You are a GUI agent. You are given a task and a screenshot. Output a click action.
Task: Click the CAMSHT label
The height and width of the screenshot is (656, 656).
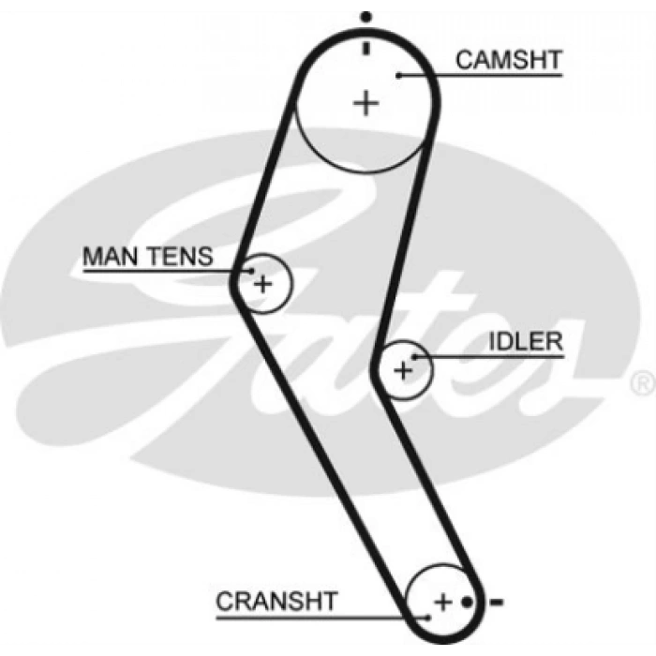508,60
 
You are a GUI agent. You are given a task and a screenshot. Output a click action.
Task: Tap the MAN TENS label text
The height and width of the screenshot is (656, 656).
148,256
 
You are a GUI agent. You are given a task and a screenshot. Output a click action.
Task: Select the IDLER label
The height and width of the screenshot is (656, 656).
526,340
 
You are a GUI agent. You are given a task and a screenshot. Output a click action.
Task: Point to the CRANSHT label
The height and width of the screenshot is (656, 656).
276,601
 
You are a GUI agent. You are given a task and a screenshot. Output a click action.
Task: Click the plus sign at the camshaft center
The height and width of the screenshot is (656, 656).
366,102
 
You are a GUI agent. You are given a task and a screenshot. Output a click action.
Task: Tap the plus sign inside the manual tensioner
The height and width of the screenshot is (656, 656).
263,282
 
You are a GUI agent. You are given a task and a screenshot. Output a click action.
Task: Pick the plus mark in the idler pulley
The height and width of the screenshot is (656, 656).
403,370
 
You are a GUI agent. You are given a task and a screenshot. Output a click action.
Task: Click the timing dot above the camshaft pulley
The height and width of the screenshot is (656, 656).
366,16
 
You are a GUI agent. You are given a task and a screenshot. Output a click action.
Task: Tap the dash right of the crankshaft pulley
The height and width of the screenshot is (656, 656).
497,601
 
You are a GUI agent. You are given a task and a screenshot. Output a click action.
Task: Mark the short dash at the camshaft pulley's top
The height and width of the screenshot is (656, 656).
366,47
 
